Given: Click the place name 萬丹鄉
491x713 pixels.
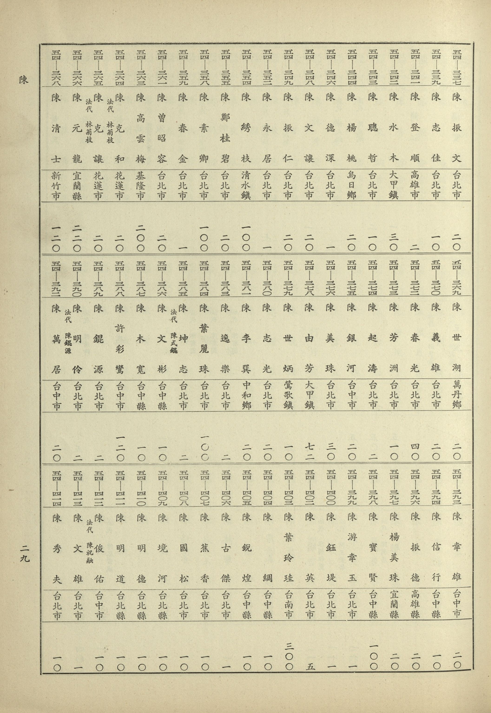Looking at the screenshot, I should [x=457, y=395].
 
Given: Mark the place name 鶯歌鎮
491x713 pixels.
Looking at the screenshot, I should [x=288, y=395].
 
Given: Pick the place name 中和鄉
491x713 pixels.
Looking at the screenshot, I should [x=246, y=395].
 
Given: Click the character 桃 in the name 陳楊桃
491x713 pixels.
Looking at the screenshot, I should [x=352, y=158].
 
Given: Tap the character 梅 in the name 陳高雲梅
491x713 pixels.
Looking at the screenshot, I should [x=140, y=159].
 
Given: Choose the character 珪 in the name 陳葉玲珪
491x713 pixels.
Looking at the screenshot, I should [x=289, y=578].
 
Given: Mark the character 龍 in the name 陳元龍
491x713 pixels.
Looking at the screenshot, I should [x=77, y=159].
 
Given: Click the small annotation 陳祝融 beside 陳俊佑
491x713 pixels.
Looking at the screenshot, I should [x=90, y=552].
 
